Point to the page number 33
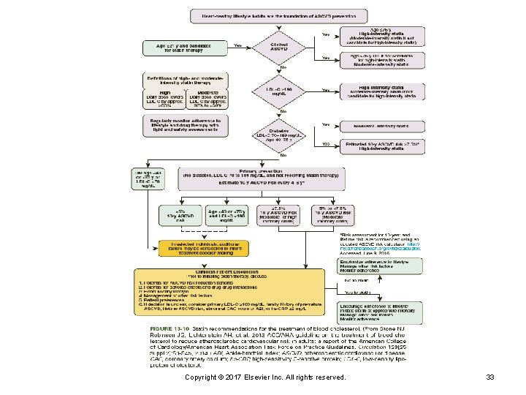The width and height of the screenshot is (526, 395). coord(491,377)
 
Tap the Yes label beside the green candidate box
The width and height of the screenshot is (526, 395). coord(237,45)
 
